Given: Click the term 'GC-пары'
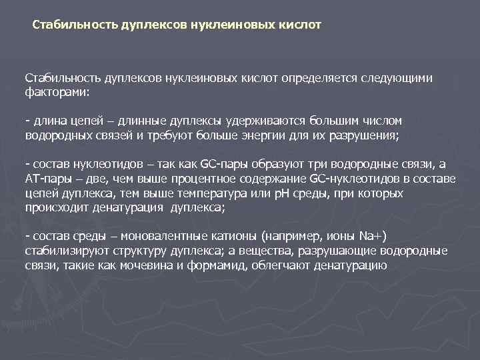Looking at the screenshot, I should (223, 163).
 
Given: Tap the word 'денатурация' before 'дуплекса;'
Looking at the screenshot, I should (131, 207).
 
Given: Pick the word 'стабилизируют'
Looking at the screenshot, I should (62, 251).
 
